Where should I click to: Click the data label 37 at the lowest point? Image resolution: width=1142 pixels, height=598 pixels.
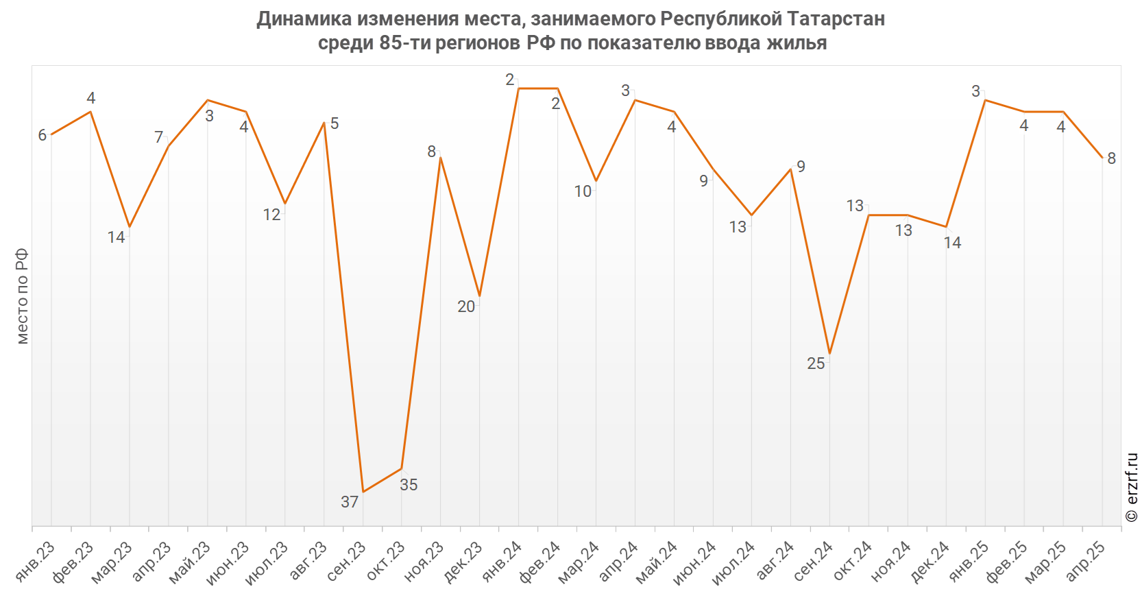[350, 502]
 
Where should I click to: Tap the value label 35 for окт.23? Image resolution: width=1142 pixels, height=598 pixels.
[409, 485]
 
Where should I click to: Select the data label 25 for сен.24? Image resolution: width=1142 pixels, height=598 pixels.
[816, 363]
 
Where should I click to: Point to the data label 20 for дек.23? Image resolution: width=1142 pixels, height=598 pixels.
[466, 307]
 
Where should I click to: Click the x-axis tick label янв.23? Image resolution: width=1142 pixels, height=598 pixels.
[35, 561]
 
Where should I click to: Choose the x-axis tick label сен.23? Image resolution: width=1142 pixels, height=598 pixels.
[347, 561]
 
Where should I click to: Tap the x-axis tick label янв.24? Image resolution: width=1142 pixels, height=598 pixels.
[502, 561]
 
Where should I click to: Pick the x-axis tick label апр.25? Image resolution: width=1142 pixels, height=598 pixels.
[1086, 561]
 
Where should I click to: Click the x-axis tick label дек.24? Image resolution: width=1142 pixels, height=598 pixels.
[931, 561]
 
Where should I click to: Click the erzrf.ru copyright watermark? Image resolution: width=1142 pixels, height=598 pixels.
[1132, 487]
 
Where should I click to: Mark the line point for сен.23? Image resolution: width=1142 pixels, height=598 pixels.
[363, 492]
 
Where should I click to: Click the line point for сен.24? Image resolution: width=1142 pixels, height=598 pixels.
[830, 354]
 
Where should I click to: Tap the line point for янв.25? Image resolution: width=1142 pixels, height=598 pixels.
[986, 100]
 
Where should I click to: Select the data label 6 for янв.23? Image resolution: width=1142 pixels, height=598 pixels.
[42, 135]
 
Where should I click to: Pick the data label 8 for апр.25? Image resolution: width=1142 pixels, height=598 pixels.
[1111, 158]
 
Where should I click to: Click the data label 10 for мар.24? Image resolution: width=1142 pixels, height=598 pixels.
[583, 191]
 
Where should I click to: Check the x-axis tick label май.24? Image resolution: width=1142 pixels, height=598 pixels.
[658, 561]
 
